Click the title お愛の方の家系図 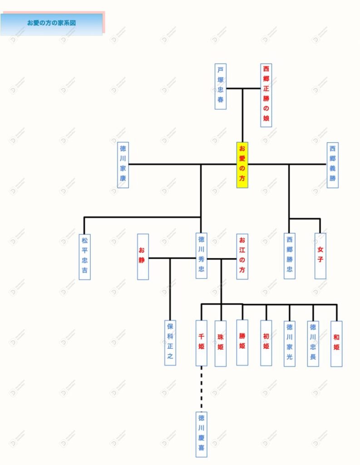(x=51, y=23)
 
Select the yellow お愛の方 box (x=242, y=165)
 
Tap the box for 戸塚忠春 (x=221, y=86)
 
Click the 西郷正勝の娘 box (x=266, y=95)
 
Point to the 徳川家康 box (x=123, y=165)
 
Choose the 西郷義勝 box (x=333, y=165)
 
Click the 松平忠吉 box (x=84, y=257)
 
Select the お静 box (x=143, y=257)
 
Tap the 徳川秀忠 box (x=202, y=256)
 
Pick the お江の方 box (x=242, y=257)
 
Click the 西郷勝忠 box (x=290, y=256)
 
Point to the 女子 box (x=321, y=256)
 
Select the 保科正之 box (x=170, y=342)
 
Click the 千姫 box (x=202, y=343)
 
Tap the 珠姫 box (x=221, y=343)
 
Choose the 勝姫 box (x=242, y=342)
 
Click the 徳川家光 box (x=290, y=343)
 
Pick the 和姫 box (x=336, y=343)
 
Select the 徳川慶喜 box (x=202, y=434)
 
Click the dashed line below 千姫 (x=202, y=388)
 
